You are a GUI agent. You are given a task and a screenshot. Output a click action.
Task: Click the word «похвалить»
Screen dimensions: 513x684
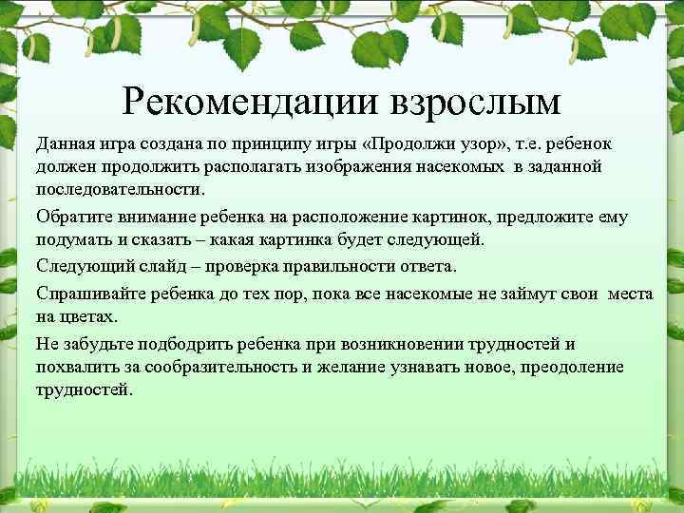pyautogui.click(x=78, y=366)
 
